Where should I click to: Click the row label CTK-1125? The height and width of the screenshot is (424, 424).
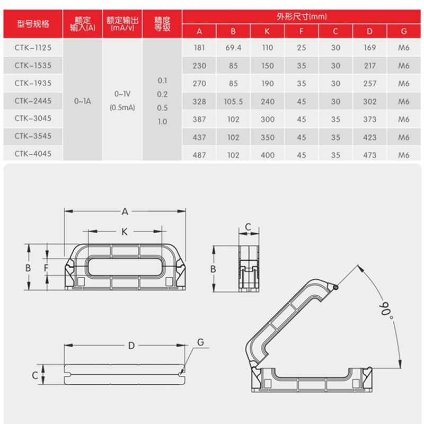(33, 48)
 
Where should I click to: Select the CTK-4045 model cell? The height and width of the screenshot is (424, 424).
(33, 155)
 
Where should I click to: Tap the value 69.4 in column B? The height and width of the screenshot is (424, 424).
(233, 48)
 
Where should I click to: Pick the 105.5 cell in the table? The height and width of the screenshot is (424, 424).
(233, 101)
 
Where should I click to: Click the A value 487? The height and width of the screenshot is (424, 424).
(199, 155)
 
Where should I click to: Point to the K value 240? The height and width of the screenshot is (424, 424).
(268, 101)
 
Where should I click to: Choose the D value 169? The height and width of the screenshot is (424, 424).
(370, 48)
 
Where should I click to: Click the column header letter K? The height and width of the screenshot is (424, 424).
(268, 31)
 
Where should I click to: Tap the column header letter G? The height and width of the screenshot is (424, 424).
(404, 31)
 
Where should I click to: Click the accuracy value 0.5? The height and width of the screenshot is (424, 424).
(162, 108)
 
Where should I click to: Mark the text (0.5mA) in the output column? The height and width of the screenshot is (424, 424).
(122, 108)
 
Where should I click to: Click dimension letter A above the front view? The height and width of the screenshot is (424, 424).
(125, 212)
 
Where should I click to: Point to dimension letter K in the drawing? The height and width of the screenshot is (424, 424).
(125, 232)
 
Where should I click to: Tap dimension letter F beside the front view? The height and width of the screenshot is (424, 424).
(46, 268)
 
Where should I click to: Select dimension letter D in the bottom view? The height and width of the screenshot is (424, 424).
(131, 346)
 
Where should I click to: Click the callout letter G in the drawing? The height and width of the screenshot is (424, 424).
(200, 342)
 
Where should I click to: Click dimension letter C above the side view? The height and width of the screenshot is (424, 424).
(248, 227)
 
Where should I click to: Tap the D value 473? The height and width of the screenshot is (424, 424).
(370, 155)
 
